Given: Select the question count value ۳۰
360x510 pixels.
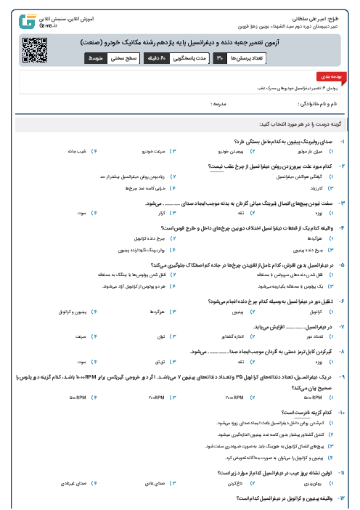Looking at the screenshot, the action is coord(220,57).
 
